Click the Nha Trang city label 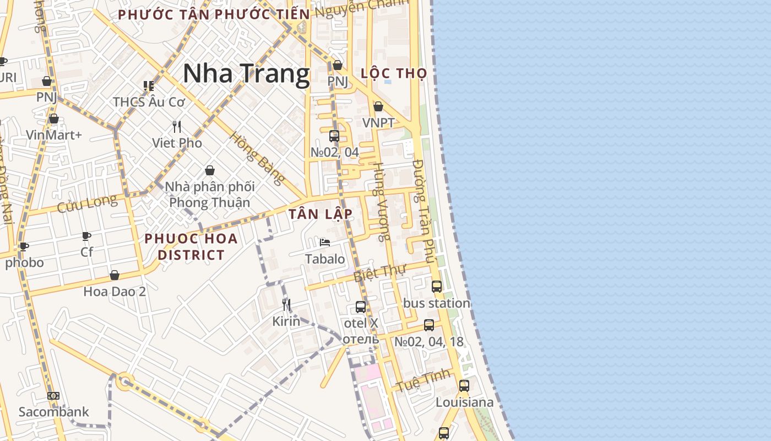click(x=246, y=73)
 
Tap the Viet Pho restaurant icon click(x=177, y=127)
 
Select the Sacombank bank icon click(x=53, y=396)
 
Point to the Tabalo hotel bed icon click(x=325, y=243)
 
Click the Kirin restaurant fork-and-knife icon click(x=286, y=305)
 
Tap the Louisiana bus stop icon click(x=464, y=386)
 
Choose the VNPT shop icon click(x=378, y=106)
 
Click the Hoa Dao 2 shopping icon click(x=115, y=275)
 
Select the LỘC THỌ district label click(x=394, y=73)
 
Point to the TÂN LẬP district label click(x=321, y=214)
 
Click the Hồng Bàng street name click(x=257, y=158)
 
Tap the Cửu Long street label click(x=87, y=203)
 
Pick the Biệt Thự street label click(x=379, y=272)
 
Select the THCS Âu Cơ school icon click(x=148, y=86)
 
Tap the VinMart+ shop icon click(x=54, y=119)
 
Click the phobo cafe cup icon click(x=24, y=246)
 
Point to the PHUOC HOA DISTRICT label click(x=191, y=246)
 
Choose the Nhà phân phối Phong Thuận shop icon click(x=210, y=170)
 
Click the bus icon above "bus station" click(x=437, y=287)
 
